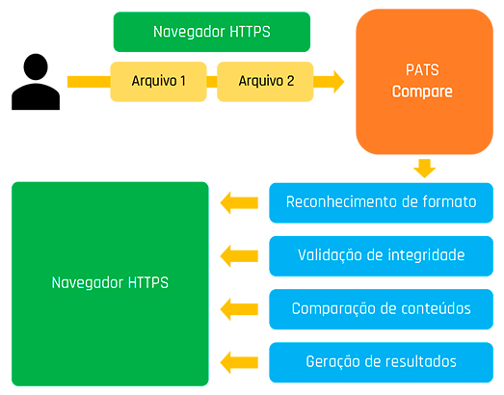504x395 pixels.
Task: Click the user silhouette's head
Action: pos(36,66)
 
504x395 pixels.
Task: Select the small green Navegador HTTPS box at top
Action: pos(212,32)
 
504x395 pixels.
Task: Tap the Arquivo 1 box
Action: pos(158,82)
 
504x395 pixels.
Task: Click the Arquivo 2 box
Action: pos(265,82)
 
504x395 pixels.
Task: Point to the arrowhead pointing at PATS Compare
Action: pos(339,82)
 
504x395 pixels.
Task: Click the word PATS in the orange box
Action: pos(422,69)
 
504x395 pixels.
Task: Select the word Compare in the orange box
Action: pos(422,92)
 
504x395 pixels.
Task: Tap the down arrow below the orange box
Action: pos(425,169)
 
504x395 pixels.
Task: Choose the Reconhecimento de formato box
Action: pos(381,203)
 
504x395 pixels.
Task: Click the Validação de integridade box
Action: pos(381,256)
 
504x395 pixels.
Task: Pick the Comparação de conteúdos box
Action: pos(381,309)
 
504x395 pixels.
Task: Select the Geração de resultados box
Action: pos(381,362)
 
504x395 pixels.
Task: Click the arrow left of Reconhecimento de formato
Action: pos(239,203)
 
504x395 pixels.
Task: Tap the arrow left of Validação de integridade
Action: pos(239,256)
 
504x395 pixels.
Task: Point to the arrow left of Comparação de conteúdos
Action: pos(239,309)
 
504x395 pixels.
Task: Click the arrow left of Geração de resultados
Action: pos(239,362)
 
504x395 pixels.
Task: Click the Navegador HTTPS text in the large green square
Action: pos(110,283)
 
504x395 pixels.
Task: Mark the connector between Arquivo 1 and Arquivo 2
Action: pos(212,82)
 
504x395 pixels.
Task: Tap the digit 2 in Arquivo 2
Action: pos(290,81)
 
